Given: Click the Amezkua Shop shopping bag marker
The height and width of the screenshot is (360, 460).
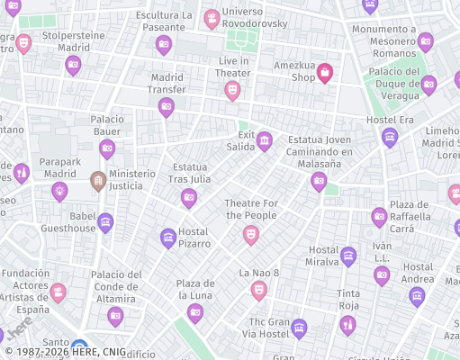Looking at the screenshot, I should click(x=325, y=74).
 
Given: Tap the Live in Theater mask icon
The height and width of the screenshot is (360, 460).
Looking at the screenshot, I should click(x=232, y=90).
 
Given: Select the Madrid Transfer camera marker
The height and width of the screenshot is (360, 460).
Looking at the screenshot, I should click(x=166, y=107).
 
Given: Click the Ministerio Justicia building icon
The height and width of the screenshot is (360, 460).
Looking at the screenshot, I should click(x=98, y=182).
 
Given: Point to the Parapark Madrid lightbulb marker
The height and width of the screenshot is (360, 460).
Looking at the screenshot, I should click(x=59, y=191).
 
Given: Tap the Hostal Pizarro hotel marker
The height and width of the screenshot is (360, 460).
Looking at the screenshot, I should click(x=167, y=238).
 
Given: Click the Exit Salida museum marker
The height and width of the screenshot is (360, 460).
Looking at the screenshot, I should click(x=265, y=140).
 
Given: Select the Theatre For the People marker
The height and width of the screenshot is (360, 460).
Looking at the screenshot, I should click(x=251, y=235).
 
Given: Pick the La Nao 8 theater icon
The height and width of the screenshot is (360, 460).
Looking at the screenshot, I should click(x=259, y=290).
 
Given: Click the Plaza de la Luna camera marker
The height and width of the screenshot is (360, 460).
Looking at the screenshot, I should click(x=195, y=313).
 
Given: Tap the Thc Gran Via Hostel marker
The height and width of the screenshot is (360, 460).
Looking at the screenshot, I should click(x=299, y=328).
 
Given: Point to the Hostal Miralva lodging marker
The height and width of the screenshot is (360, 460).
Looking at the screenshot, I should click(x=348, y=256).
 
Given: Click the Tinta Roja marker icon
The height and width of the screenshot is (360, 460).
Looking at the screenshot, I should click(x=348, y=324).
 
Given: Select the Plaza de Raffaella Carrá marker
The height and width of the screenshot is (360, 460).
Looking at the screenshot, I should click(x=379, y=217).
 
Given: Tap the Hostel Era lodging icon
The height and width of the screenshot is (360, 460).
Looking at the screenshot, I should click(x=390, y=137).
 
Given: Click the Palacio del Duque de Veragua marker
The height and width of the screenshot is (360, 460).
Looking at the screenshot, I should click(x=428, y=85).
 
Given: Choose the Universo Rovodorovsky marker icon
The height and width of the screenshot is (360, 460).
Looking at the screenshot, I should click(x=212, y=19).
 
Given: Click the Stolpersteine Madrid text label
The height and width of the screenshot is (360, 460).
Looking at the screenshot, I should click(x=74, y=41).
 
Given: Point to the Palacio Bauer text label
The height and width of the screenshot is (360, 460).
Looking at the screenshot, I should click(x=107, y=126).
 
